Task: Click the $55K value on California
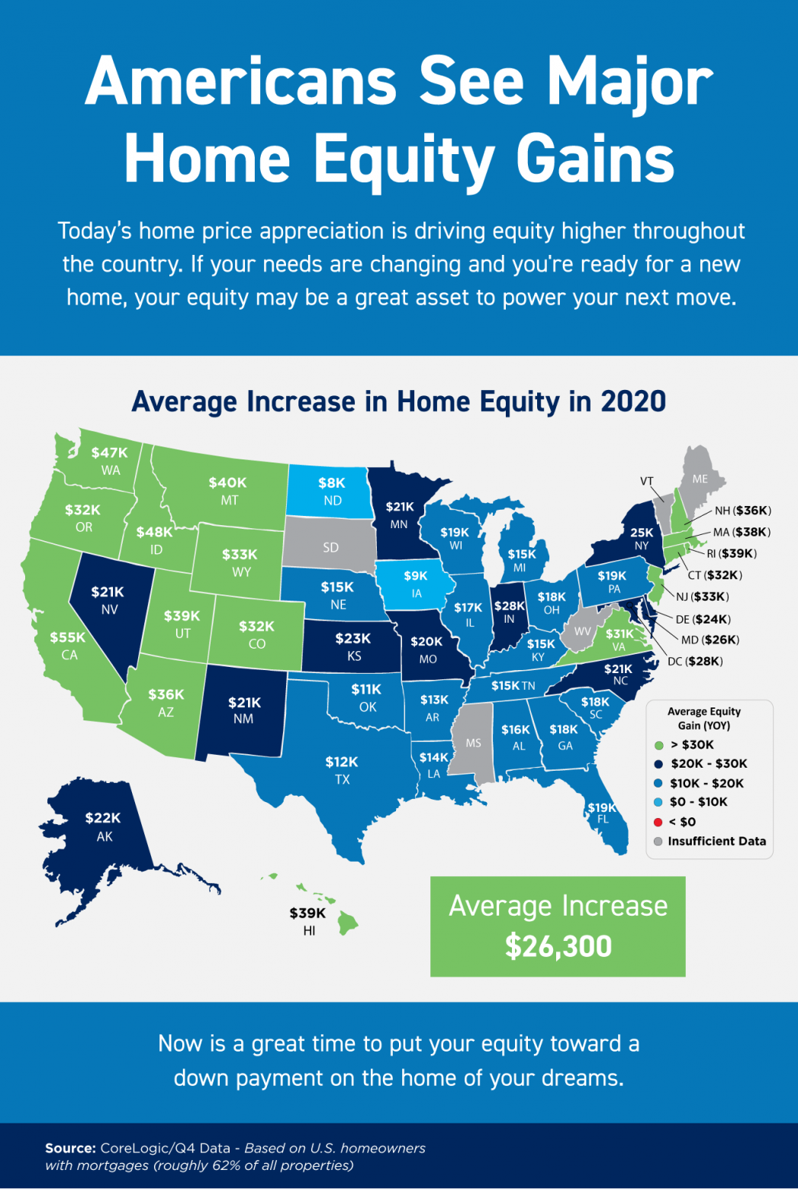68,637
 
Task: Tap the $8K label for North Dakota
332,482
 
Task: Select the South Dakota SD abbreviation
330,547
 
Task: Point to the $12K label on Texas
341,762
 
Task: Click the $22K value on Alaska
103,818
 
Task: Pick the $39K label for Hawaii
307,913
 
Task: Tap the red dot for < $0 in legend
658,822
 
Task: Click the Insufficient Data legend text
716,841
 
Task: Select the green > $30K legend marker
658,745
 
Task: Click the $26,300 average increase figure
558,946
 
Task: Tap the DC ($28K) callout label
695,661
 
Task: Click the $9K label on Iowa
416,576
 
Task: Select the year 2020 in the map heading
633,401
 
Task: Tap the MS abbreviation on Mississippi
473,743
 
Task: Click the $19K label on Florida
601,807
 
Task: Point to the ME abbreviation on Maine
700,479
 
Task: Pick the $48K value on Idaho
154,532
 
